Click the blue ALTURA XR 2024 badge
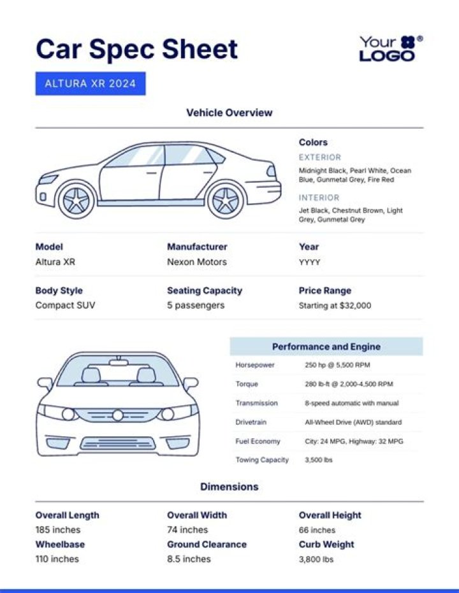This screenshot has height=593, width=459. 91,83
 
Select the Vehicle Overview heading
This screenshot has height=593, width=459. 229,113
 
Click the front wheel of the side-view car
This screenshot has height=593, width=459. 76,200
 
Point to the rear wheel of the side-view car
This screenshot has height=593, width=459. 226,200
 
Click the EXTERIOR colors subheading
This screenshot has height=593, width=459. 320,157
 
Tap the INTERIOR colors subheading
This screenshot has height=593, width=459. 319,197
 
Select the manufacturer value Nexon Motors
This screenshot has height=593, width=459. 196,262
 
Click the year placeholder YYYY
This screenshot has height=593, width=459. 309,262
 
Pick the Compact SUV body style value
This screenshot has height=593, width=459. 65,305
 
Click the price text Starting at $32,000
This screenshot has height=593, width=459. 335,306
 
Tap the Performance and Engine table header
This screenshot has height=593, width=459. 326,347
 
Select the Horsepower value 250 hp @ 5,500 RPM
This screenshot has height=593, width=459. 337,366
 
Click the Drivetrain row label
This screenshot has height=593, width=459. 252,422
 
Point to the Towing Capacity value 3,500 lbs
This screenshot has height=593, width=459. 318,460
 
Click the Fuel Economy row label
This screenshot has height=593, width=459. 258,441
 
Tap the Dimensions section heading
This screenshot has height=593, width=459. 229,487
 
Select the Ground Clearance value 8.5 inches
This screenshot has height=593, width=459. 189,559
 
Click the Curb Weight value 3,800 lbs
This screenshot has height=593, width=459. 316,559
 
